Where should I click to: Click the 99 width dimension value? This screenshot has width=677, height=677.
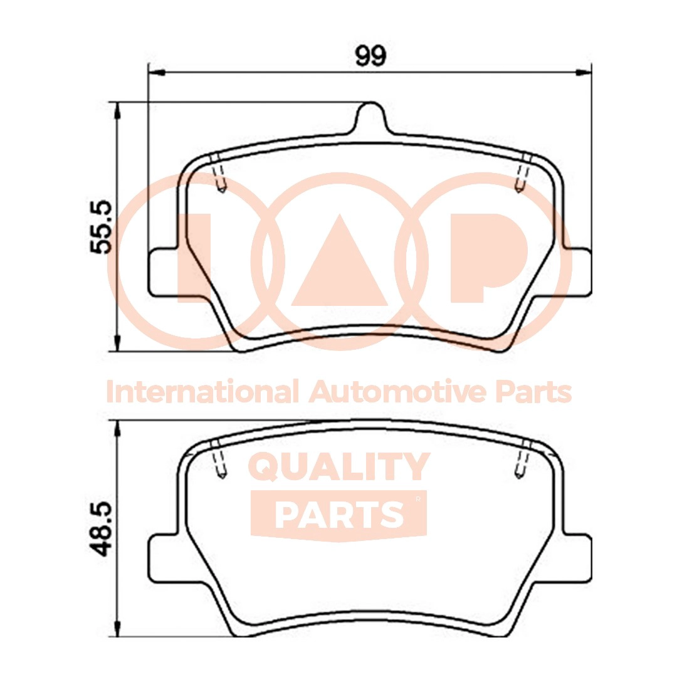click(x=370, y=55)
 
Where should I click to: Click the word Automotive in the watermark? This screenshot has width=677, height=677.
click(x=398, y=392)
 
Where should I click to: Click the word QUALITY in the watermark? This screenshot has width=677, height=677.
click(x=339, y=468)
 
